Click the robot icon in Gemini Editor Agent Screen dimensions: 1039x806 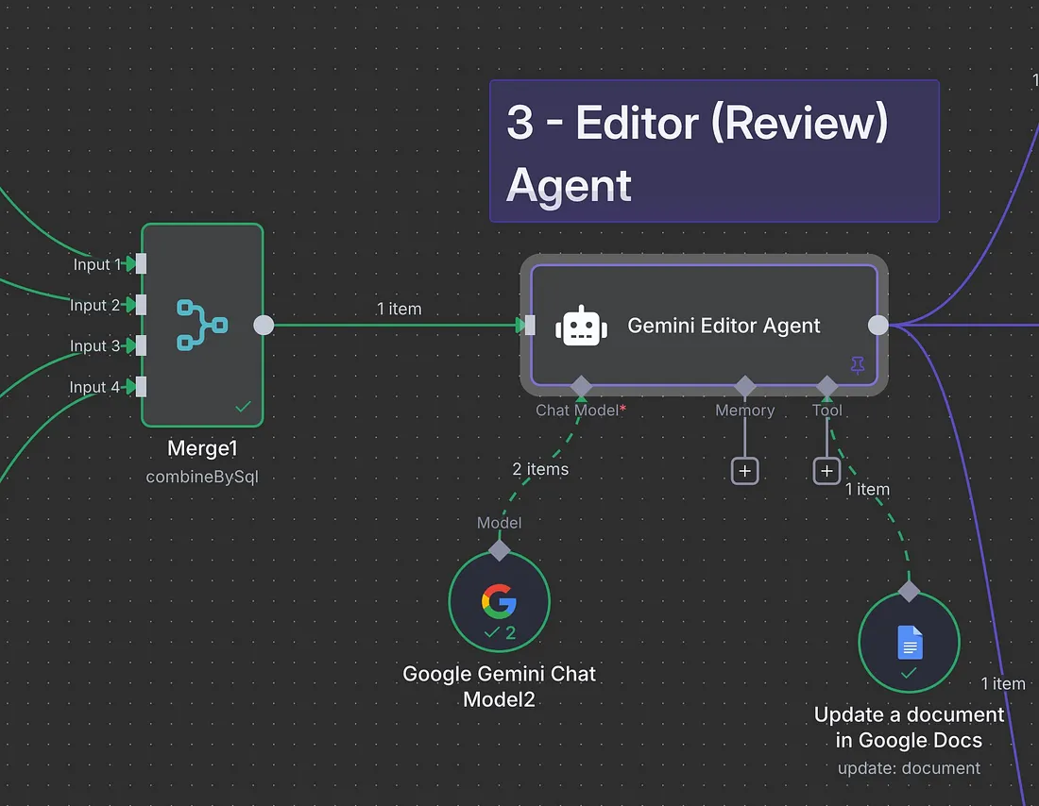click(581, 326)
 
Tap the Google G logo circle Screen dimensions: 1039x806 click(499, 601)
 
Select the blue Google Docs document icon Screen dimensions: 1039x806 click(910, 642)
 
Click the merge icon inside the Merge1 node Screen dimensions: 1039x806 click(202, 326)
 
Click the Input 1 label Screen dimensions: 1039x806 click(97, 264)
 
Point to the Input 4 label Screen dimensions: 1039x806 click(94, 387)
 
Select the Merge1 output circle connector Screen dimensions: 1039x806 click(264, 326)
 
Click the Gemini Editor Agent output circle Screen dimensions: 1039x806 click(878, 326)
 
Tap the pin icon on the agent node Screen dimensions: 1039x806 click(858, 365)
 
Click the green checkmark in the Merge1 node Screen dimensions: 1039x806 click(243, 406)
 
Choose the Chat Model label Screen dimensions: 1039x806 click(577, 411)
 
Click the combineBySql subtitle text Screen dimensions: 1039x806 click(202, 477)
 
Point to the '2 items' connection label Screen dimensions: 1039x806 click(540, 469)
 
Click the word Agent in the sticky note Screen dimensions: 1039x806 click(569, 186)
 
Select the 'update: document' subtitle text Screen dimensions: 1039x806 click(909, 768)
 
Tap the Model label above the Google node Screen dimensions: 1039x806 click(499, 523)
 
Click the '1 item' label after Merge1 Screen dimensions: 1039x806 click(399, 309)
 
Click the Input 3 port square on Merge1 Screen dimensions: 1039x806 click(141, 345)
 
